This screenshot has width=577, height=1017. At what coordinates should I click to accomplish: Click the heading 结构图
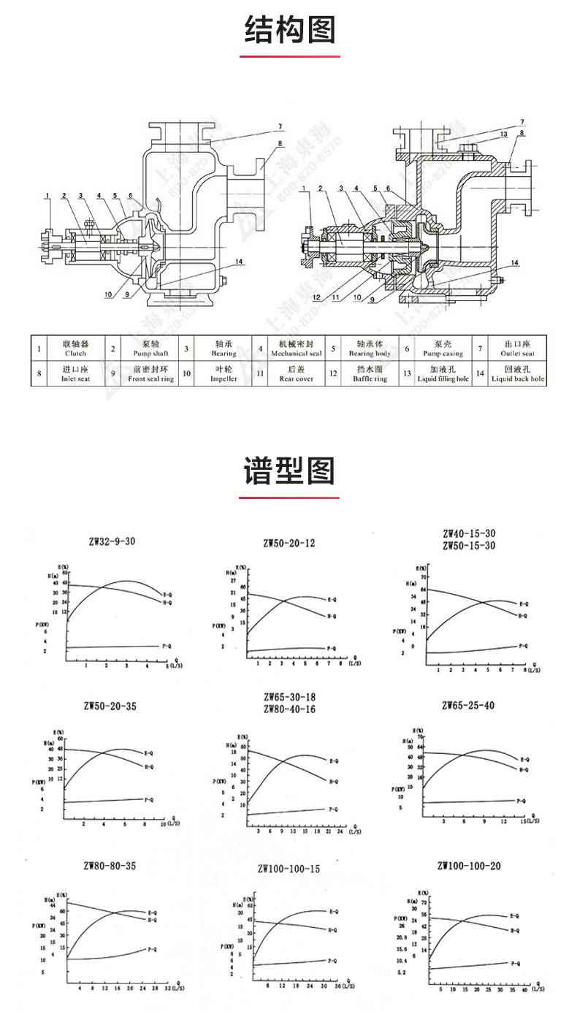289,31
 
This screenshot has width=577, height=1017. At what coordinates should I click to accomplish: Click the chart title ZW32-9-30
109,541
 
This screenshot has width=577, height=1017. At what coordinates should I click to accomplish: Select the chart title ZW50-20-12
289,543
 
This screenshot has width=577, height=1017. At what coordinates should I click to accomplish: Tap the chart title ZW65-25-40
468,705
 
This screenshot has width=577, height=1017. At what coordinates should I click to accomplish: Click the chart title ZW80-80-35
110,866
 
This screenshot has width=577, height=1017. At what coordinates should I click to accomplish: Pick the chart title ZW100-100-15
289,869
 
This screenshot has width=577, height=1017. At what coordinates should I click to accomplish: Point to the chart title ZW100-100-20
469,866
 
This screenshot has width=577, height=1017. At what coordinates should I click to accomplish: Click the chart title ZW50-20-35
110,706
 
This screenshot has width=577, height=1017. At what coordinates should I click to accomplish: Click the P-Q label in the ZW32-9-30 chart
166,646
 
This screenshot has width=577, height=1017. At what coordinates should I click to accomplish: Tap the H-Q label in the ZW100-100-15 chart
332,930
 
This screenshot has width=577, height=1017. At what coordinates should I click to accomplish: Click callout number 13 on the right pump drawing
504,134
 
